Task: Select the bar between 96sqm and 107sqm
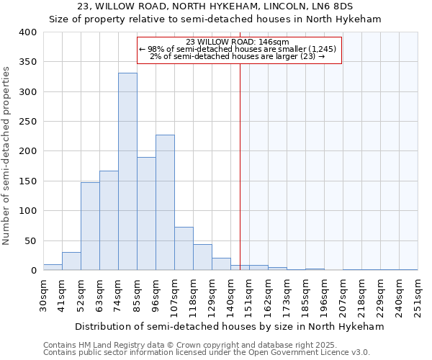point(165,202)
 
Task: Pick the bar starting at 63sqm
point(109,220)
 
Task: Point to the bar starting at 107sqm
point(184,248)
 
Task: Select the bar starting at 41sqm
point(71,261)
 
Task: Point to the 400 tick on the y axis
point(27,32)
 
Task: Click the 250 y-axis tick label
point(27,122)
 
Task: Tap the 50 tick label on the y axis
point(30,240)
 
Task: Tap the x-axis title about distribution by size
point(230,326)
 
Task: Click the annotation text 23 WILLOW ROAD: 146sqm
point(237,42)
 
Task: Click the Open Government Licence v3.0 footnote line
point(206,352)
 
